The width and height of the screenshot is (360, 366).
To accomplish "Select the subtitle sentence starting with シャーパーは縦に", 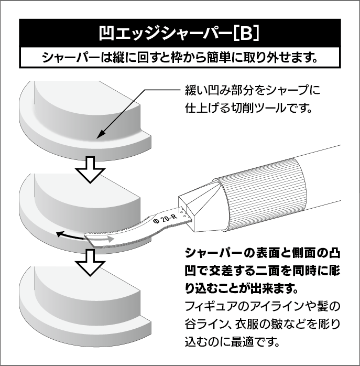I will [180, 57].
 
